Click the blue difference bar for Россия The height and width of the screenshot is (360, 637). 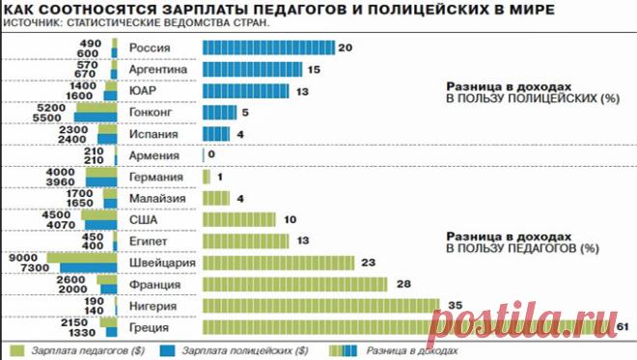(268, 47)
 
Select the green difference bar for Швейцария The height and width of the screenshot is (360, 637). (279, 263)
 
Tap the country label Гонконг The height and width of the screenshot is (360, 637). (151, 112)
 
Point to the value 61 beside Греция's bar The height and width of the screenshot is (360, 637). (623, 326)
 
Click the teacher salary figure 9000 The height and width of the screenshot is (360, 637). (23, 258)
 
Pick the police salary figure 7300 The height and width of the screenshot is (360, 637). (35, 267)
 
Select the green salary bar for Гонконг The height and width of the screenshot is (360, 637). (97, 108)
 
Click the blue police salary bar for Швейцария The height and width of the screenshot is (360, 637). (89, 267)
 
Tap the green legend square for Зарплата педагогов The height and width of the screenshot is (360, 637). (16, 350)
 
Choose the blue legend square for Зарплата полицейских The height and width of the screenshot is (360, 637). (167, 350)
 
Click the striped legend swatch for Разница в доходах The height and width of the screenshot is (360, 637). (344, 350)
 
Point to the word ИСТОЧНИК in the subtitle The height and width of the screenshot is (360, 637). (31, 23)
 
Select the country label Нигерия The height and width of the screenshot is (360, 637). (153, 306)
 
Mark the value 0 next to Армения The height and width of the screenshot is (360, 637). (211, 154)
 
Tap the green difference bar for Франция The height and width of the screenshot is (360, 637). (295, 285)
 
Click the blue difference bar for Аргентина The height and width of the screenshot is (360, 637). (252, 69)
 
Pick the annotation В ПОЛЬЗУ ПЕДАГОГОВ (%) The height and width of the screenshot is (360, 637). (523, 248)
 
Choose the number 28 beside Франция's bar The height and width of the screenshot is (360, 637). (403, 284)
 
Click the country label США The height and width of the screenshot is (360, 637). (143, 220)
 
